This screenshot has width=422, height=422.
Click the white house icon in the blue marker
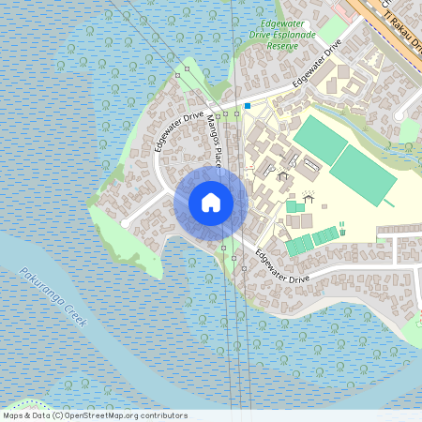[210, 203]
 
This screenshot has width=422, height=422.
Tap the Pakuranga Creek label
[53, 296]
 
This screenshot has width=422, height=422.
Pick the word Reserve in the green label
[282, 45]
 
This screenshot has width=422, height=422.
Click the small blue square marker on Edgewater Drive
[248, 106]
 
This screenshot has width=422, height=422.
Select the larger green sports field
[362, 174]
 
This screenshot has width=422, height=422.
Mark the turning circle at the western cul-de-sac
[125, 224]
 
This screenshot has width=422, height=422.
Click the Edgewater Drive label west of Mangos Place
[179, 131]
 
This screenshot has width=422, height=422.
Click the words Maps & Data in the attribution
[25, 415]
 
